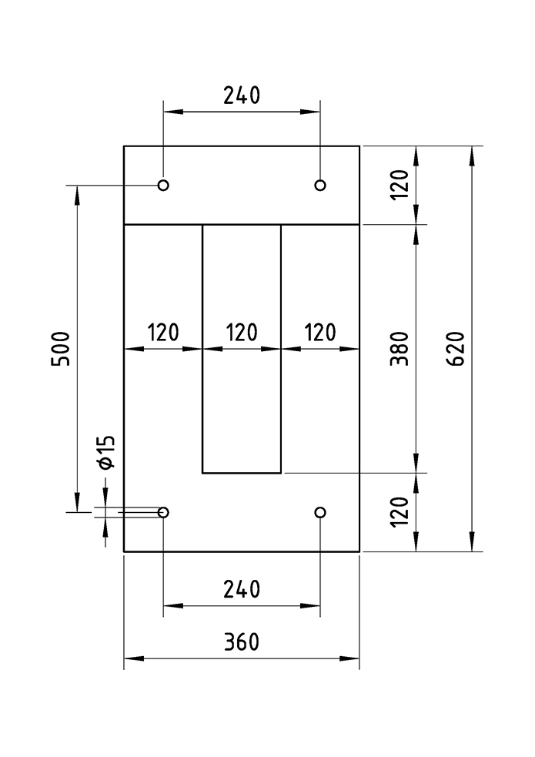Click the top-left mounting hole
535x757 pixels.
point(163,185)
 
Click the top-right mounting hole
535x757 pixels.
point(320,185)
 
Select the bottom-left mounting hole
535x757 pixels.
point(163,512)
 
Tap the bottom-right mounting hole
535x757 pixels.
point(320,512)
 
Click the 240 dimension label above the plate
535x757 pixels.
point(242,95)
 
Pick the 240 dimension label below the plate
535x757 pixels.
point(242,590)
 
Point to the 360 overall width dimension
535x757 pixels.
point(242,642)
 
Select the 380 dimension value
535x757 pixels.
point(400,348)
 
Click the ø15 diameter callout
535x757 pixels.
point(106,451)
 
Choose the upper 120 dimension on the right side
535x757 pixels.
point(400,185)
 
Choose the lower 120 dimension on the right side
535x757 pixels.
point(400,512)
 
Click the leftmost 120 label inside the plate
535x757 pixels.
point(163,333)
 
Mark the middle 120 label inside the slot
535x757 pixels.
point(242,333)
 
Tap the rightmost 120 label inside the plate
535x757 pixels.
point(320,333)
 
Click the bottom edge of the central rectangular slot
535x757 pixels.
point(242,473)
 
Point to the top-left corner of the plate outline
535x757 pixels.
point(125,146)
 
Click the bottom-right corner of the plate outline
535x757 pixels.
point(359,551)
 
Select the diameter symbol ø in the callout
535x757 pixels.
point(106,463)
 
